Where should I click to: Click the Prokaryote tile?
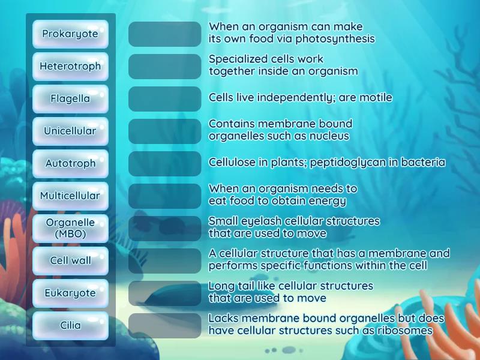pos(70,34)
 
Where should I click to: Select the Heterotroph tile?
pos(70,67)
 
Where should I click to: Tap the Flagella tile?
pos(70,99)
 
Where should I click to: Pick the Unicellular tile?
pos(70,131)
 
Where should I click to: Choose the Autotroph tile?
pos(70,164)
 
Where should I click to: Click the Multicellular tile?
pos(70,196)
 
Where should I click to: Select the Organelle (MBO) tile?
pos(70,229)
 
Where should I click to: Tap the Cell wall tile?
pos(70,261)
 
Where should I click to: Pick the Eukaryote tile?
pos(70,293)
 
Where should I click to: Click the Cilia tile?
pos(70,326)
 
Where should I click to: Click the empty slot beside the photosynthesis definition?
pos(164,34)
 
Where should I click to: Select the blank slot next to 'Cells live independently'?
pos(164,99)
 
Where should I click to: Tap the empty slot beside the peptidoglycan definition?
pos(164,164)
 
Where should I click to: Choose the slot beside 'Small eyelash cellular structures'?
pos(164,229)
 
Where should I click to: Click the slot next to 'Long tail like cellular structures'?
pos(164,293)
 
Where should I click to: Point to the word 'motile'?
pos(376,98)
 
